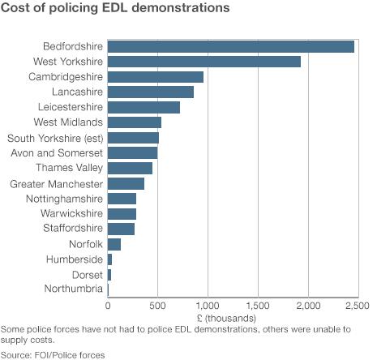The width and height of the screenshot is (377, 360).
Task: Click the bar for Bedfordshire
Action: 230,46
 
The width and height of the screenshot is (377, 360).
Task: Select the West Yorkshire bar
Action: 203,62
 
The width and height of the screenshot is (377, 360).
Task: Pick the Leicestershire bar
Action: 144,107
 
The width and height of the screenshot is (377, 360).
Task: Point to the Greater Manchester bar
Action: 126,183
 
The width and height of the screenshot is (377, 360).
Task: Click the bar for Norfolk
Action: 114,244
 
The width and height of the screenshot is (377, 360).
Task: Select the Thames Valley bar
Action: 130,168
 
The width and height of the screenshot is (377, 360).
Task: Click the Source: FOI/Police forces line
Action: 53,354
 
